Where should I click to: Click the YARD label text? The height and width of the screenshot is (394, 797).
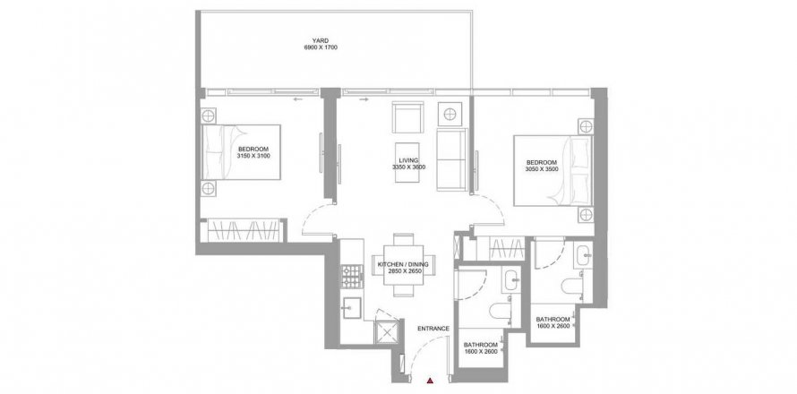tap(321, 40)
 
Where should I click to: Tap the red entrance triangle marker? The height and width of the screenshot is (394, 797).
tap(430, 380)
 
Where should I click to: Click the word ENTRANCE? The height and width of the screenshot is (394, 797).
tap(433, 329)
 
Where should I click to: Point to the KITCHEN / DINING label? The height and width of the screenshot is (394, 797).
tap(403, 265)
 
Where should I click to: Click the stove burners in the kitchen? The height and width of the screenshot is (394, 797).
tap(352, 275)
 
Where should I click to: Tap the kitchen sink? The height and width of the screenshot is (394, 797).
tap(352, 307)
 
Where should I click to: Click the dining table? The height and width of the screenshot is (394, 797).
tap(404, 265)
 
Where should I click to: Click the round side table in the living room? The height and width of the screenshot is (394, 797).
tap(450, 114)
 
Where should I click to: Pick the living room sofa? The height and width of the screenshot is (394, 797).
tap(451, 159)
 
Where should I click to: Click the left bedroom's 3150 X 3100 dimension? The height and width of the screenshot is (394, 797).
tap(253, 156)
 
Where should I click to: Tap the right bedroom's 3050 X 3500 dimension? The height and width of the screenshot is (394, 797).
tap(542, 168)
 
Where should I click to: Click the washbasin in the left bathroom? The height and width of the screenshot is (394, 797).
tap(510, 279)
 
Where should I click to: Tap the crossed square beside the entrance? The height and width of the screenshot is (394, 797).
tap(388, 333)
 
